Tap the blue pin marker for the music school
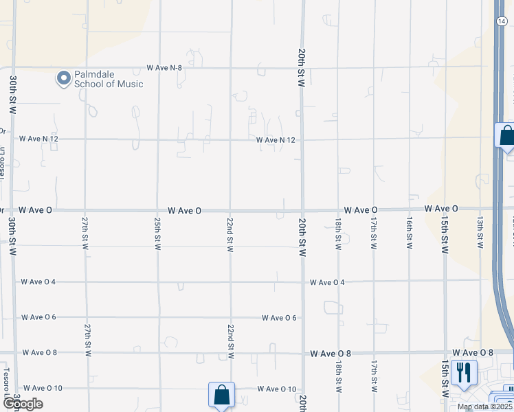click(64, 78)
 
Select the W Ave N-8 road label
click(164, 68)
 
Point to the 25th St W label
click(158, 234)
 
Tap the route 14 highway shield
click(501, 21)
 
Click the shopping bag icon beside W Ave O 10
click(221, 395)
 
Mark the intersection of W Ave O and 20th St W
click(302, 210)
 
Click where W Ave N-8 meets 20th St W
click(302, 68)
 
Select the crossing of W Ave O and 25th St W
click(158, 210)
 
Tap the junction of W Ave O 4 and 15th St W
click(445, 281)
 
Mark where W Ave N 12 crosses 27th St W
click(86, 139)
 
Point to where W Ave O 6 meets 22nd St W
click(230, 317)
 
